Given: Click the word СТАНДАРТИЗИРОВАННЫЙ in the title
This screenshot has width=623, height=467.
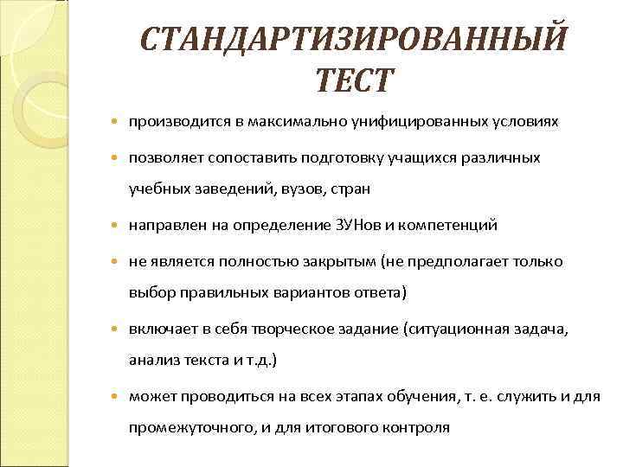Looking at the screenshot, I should (354, 39).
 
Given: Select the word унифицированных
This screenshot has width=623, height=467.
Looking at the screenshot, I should (406, 122).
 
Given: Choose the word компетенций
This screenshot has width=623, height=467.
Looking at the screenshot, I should (450, 225).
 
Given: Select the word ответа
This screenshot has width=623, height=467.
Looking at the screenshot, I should (377, 292).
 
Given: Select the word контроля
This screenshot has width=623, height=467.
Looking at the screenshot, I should (419, 427).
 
